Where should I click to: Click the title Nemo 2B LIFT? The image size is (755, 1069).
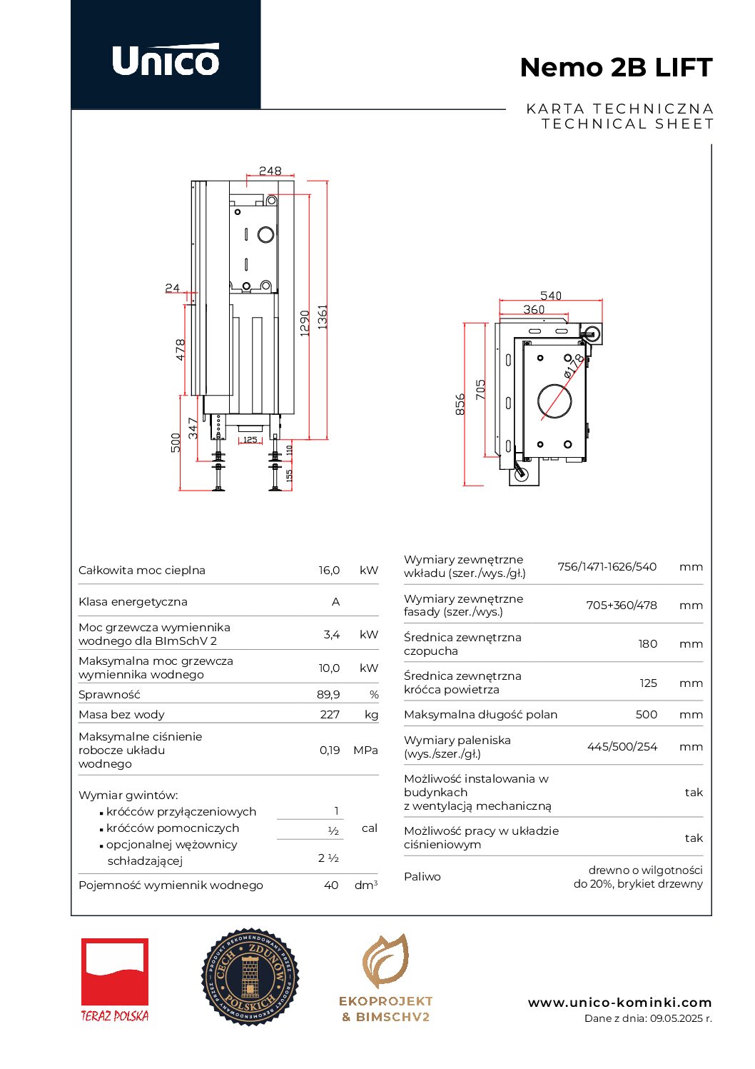point(616,67)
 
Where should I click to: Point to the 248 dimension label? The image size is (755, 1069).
point(270,171)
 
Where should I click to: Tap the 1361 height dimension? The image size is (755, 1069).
point(323,316)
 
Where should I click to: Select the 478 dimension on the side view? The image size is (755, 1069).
point(180,349)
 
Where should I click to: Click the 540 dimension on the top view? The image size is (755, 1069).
point(550,296)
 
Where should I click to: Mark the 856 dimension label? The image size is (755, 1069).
point(460,403)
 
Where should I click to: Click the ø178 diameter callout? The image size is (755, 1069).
point(573,366)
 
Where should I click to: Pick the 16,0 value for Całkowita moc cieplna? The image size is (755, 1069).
point(329,570)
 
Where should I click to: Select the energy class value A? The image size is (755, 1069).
point(336,601)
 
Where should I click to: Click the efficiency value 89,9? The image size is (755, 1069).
point(328,694)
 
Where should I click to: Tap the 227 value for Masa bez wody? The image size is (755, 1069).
point(330,714)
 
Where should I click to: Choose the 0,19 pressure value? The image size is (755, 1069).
point(330,750)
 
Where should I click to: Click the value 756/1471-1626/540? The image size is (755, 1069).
point(607,566)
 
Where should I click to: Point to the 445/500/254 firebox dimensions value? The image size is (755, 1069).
point(622,746)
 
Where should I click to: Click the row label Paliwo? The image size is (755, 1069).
point(422,876)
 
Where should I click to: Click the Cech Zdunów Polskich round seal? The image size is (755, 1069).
point(250,976)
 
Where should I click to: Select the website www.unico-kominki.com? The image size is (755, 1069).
point(619,1003)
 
